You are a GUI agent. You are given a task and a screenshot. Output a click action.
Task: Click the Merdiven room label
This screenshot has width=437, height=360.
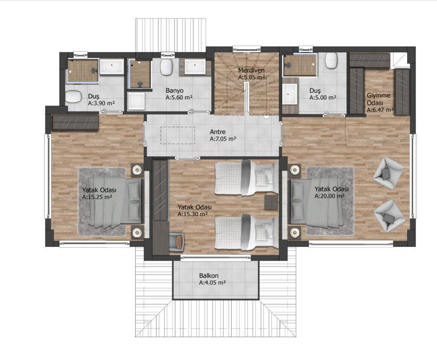coord(251,70)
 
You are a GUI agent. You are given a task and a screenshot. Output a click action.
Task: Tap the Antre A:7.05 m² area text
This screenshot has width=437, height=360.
coord(223,139)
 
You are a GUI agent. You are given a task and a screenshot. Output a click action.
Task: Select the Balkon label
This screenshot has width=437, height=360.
coord(209,275)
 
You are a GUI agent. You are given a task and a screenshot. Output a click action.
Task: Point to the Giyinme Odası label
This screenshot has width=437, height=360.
coord(378,99)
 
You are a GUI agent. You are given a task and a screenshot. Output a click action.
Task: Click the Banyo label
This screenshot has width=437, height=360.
coord(175,91)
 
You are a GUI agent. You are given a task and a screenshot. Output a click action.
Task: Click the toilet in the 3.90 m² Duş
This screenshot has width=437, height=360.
coord(73,97)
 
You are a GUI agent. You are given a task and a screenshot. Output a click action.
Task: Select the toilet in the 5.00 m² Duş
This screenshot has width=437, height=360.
coord(331,60)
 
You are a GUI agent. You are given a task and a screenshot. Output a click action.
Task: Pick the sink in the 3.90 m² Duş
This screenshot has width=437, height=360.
coord(112,67)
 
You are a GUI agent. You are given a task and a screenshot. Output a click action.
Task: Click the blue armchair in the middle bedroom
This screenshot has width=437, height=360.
coord(176,241)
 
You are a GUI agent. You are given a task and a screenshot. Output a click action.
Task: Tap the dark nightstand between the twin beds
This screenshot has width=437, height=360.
coord(271,202)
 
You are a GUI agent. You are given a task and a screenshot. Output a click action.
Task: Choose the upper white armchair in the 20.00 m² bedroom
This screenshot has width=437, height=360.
coord(388,173)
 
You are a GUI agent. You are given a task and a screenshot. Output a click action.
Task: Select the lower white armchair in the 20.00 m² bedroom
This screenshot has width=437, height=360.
coord(389,216)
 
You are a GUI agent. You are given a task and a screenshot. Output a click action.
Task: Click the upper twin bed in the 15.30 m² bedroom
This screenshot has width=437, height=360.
coord(246,178)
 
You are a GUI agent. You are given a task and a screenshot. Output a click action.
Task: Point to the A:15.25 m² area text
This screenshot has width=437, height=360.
coord(97,197)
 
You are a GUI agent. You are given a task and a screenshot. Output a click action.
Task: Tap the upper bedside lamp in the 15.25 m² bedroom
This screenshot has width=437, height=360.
coord(137,170)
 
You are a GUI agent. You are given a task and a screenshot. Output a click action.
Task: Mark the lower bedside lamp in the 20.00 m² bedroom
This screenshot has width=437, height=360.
coord(294,232)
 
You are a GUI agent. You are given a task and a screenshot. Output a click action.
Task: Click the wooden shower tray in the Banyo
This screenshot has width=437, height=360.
coord(140,74)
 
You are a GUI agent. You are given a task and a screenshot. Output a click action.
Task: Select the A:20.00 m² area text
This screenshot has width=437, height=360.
coord(329,196)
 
